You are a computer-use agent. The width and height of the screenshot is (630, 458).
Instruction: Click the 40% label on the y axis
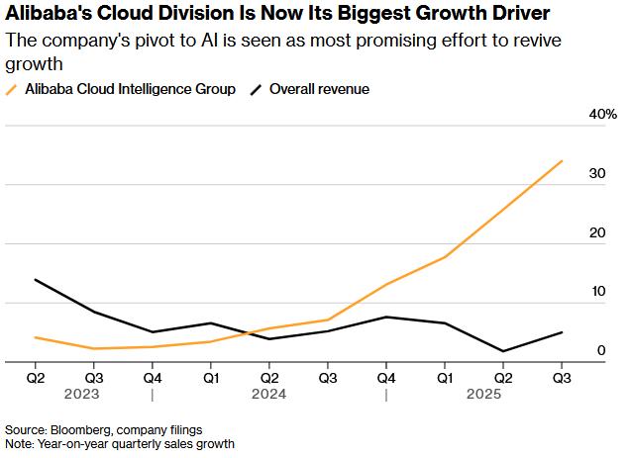[603, 115]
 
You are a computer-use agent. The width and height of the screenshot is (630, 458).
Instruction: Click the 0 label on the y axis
[601, 350]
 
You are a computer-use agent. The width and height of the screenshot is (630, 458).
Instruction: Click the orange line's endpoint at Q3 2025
[563, 160]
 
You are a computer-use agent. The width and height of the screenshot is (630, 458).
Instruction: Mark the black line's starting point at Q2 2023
[36, 279]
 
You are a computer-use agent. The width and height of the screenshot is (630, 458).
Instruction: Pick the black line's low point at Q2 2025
[504, 351]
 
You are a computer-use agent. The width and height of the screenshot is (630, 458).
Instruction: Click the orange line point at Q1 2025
[446, 257]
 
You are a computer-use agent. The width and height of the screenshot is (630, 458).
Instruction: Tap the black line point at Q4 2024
[387, 317]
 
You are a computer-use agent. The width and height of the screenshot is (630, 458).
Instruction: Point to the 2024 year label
[269, 394]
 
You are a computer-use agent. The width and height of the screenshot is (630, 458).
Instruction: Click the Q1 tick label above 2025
[446, 377]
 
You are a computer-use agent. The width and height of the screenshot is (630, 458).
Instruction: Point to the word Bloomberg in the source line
[88, 430]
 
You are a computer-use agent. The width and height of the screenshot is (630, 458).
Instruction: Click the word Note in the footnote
[19, 444]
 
